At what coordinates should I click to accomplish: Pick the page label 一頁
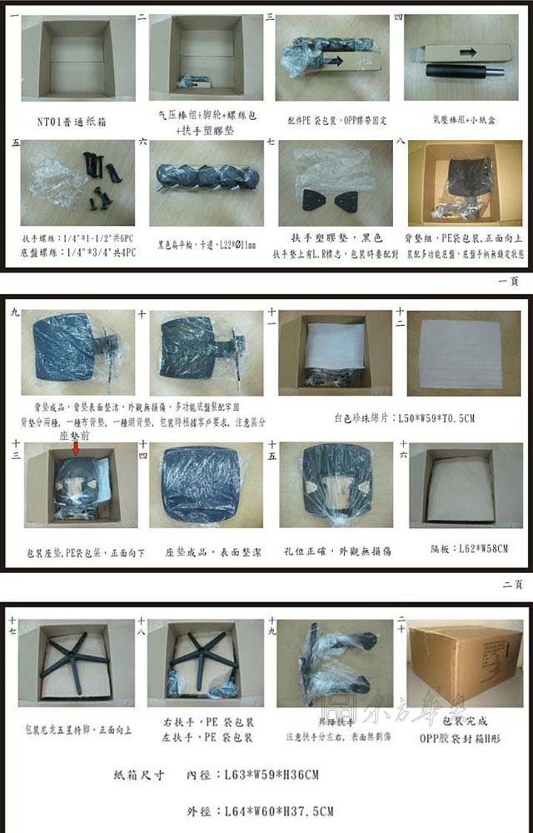pos(512,281)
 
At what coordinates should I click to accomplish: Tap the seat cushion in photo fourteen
pos(205,485)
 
